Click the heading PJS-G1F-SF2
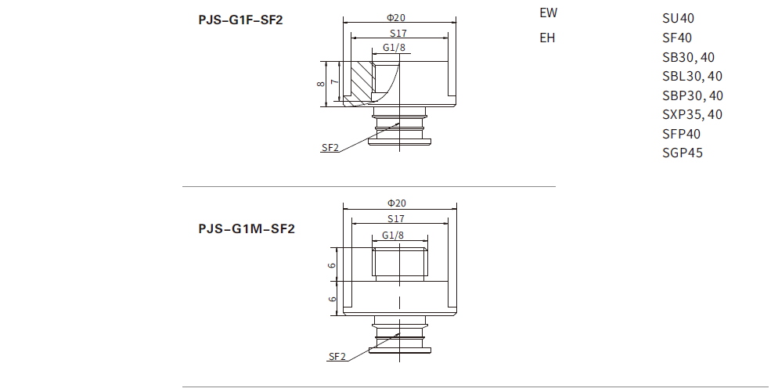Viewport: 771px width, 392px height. (x=240, y=20)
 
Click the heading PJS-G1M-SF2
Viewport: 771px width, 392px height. (x=246, y=229)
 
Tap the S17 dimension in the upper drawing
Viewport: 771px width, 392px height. (x=398, y=33)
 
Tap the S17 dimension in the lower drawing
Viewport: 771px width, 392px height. (x=396, y=219)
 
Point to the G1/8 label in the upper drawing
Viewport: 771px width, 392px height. (x=394, y=49)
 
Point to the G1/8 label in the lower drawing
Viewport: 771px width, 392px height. (x=394, y=236)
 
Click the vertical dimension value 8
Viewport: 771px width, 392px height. (x=321, y=81)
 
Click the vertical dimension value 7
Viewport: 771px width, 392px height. (x=334, y=81)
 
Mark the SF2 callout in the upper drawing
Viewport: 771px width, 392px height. (x=330, y=148)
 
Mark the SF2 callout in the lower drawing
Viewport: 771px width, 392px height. (x=337, y=357)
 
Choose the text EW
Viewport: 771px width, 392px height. (x=549, y=13)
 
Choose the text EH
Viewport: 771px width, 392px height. (x=547, y=38)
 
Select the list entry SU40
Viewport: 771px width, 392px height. (x=678, y=19)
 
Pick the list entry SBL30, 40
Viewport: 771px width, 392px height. (x=692, y=76)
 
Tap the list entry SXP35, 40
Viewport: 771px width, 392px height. (x=692, y=114)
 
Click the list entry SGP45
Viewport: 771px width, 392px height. (x=682, y=153)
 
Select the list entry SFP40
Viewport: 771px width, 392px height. (x=681, y=134)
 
